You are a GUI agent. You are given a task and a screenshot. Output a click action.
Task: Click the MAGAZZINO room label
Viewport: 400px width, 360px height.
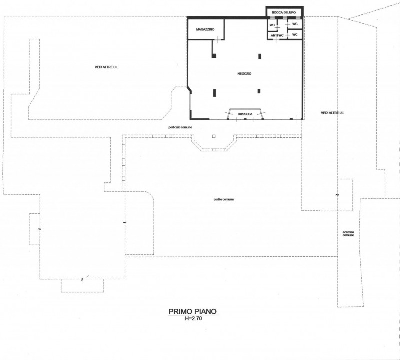tap(205, 29)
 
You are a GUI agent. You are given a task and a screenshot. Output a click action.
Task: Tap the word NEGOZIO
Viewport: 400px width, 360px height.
tap(244, 73)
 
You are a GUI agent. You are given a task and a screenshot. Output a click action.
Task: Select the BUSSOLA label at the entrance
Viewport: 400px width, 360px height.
tap(245, 114)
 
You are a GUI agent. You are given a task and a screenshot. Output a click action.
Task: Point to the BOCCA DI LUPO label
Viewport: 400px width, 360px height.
tap(284, 12)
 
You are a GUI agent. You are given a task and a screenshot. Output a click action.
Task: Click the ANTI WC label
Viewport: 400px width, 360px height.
tap(277, 35)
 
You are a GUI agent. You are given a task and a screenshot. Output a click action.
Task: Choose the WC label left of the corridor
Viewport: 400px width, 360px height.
tap(272, 25)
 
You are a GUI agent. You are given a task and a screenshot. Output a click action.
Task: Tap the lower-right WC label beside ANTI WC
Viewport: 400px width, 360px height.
tap(295, 34)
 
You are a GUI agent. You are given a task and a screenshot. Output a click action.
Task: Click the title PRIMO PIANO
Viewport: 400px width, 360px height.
tap(193, 311)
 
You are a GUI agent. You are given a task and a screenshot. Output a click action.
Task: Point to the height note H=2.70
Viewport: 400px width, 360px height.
tap(193, 318)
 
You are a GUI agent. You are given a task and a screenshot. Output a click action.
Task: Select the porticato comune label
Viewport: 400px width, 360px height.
tap(180, 127)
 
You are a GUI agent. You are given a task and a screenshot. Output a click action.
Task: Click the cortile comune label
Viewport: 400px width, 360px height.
tap(223, 199)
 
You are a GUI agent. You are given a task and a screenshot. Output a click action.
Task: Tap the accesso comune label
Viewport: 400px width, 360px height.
tap(348, 233)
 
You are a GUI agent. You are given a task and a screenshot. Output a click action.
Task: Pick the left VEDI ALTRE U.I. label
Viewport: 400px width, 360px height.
tap(106, 67)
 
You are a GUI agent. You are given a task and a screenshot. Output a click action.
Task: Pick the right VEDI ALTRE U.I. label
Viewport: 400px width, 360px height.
tap(332, 113)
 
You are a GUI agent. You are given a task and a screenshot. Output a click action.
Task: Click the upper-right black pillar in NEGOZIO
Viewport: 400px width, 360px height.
tap(260, 56)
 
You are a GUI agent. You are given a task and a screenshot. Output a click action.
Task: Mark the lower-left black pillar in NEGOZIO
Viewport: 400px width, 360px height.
tap(215, 93)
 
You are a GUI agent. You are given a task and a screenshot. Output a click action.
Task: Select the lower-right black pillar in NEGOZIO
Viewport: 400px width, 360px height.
tap(259, 91)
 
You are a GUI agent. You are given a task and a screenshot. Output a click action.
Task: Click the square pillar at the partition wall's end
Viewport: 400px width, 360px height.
tap(214, 56)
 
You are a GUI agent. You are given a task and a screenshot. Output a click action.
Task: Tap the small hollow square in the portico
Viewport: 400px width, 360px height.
tap(214, 136)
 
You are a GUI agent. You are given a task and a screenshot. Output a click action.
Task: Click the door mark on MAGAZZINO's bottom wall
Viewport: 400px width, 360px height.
tap(218, 39)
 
